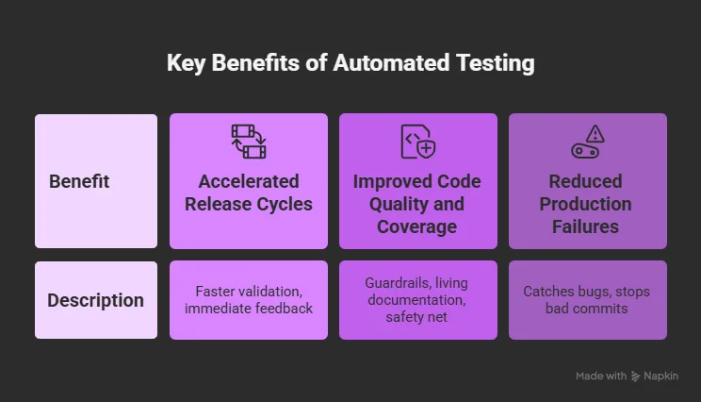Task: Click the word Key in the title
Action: pos(186,63)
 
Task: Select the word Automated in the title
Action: pos(391,62)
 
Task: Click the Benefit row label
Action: pos(79,181)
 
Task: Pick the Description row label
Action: pos(96,300)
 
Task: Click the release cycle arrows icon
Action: pos(249,142)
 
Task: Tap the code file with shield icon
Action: pos(418,142)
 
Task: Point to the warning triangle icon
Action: pos(595,133)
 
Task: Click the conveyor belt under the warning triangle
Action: pos(585,151)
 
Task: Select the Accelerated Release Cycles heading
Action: pos(249,193)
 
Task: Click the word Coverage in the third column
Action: pos(417,226)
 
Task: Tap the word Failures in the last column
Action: pos(586,226)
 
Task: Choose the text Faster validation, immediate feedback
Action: pos(249,300)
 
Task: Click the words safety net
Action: pos(416,317)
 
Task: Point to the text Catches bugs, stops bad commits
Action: pos(587,300)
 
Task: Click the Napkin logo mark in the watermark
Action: pos(635,377)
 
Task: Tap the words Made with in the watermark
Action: pos(601,376)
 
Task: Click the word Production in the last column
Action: pos(586,204)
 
